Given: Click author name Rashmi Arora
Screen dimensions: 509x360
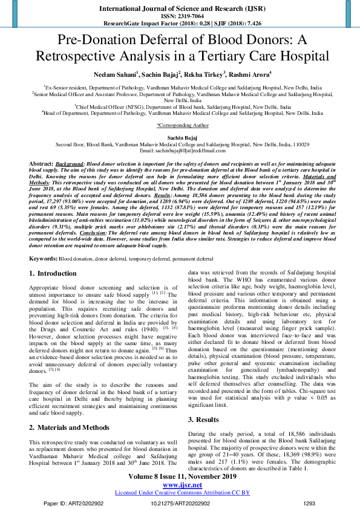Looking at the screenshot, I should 252,74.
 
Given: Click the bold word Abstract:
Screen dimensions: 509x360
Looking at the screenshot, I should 41,164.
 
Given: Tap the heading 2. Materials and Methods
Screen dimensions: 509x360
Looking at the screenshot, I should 70,411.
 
